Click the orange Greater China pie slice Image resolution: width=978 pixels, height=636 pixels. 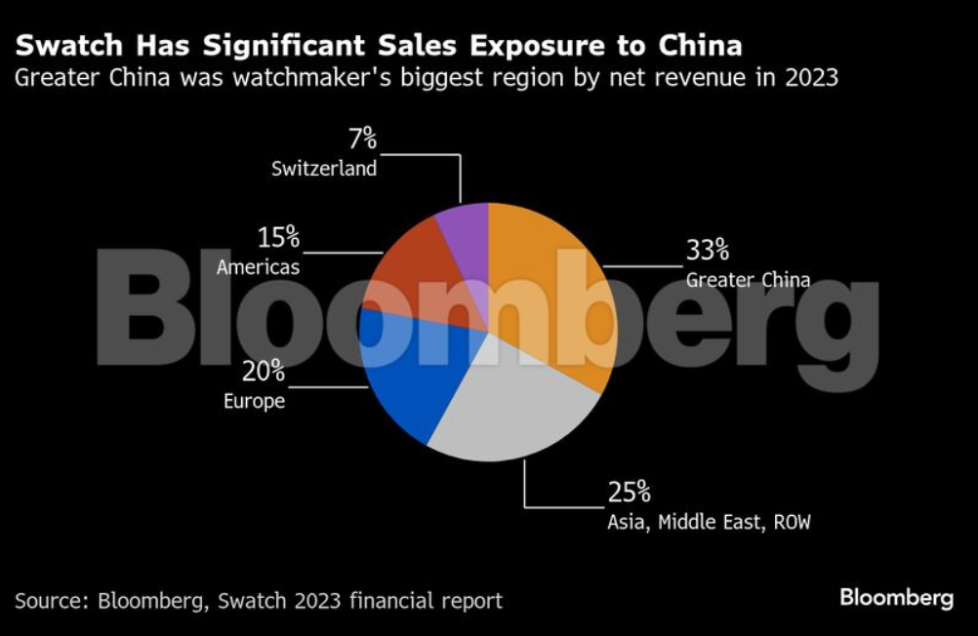(551, 293)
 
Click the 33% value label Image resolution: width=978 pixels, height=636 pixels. (707, 251)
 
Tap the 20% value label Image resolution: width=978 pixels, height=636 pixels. (264, 371)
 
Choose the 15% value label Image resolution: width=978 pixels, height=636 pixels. (278, 237)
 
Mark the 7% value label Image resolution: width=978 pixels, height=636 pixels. (362, 139)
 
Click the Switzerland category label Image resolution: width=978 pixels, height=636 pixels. (324, 169)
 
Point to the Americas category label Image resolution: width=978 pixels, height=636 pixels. (258, 266)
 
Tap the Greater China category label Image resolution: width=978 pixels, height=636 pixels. (748, 280)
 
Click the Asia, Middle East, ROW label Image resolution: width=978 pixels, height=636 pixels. (709, 522)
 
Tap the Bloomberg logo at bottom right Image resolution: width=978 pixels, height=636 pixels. (896, 598)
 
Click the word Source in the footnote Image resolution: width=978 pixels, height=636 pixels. (50, 600)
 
